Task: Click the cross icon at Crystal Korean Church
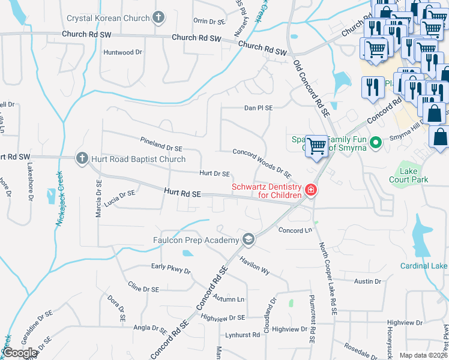point(158,17)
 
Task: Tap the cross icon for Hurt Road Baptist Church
point(82,159)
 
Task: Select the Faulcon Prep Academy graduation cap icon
point(248,240)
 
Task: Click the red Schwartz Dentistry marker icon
point(311,190)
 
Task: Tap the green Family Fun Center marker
point(376,143)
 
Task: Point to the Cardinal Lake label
point(424,266)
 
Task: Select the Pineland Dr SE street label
point(161,147)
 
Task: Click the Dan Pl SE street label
point(258,108)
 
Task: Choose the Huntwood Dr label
point(122,52)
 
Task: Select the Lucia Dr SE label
point(119,199)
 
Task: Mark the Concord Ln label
point(295,230)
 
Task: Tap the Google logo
point(20,353)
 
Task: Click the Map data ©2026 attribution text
point(423,355)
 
